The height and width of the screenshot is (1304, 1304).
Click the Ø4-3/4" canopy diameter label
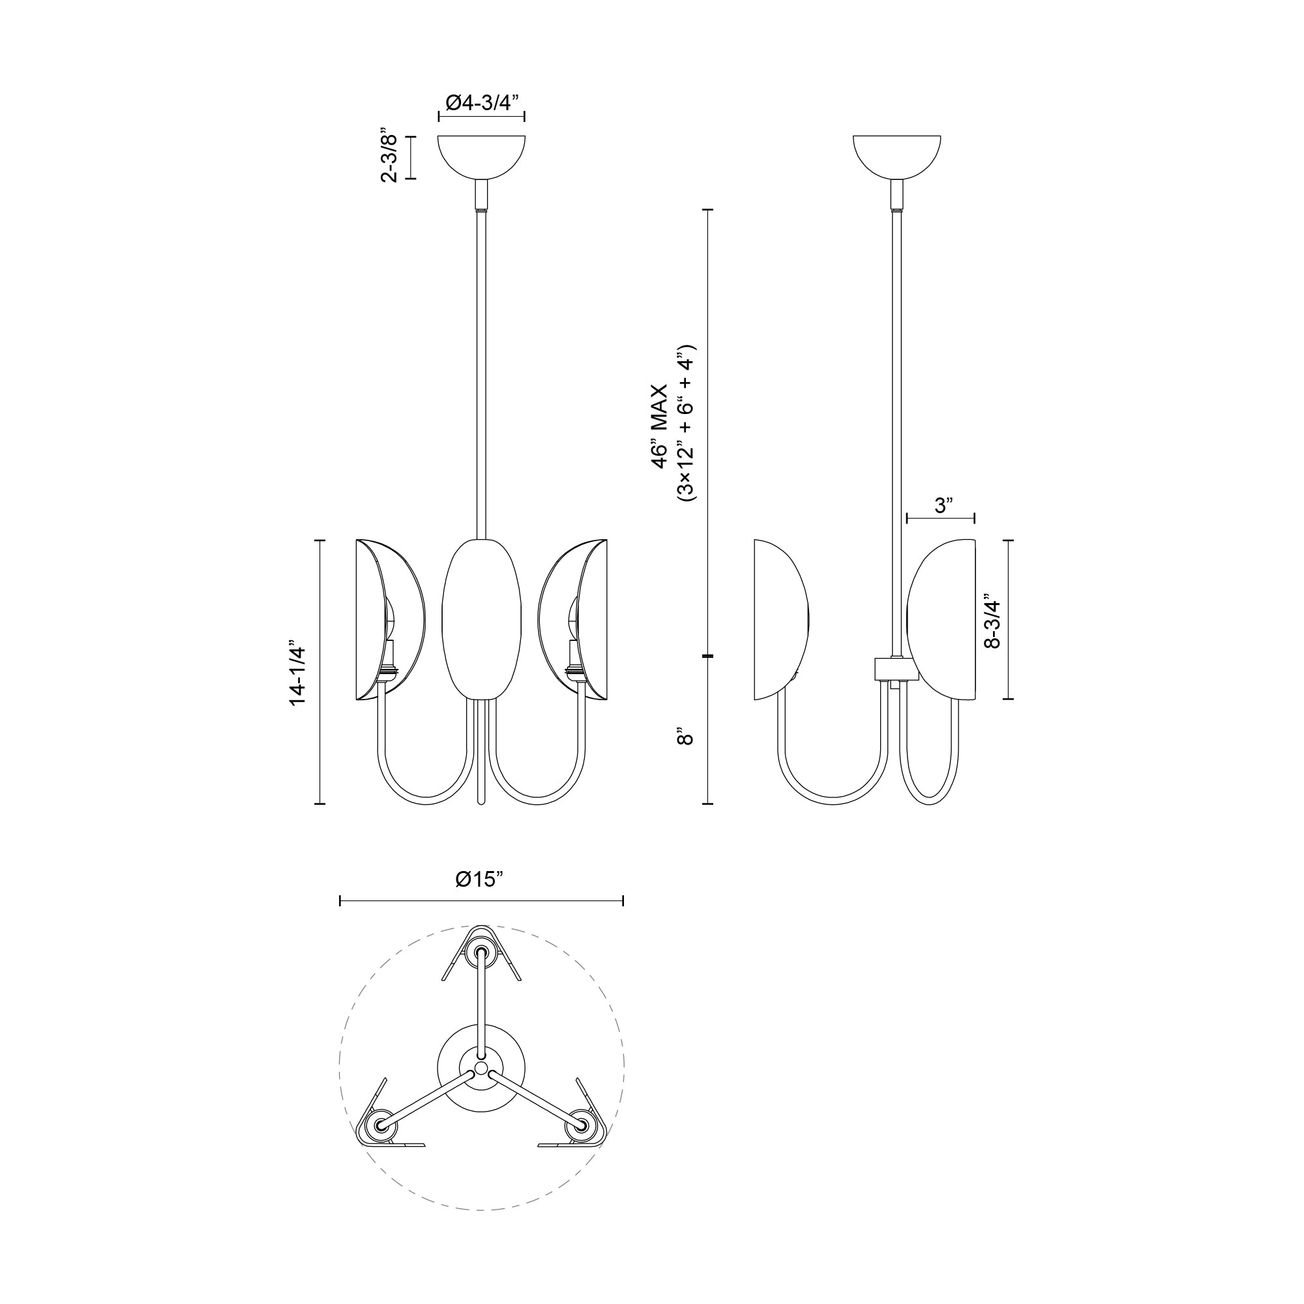click(x=481, y=102)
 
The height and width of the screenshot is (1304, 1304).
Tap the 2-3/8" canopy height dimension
click(x=390, y=156)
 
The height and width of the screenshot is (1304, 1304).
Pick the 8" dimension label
click(x=685, y=735)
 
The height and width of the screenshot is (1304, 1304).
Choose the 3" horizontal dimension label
click(x=943, y=505)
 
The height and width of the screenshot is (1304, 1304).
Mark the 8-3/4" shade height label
click(x=992, y=621)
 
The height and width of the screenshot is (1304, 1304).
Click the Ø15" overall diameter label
click(x=480, y=880)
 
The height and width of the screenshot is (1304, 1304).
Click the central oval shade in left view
click(x=481, y=619)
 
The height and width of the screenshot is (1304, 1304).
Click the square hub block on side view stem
click(x=895, y=669)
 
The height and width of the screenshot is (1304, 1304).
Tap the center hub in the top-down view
click(x=481, y=1068)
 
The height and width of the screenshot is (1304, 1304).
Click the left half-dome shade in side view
click(x=780, y=619)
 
